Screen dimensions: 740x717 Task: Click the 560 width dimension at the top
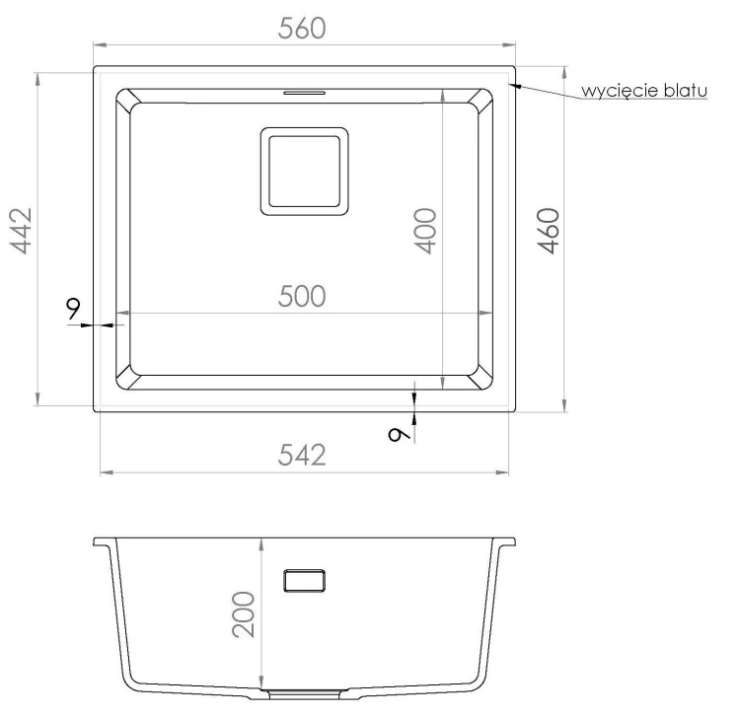(302, 29)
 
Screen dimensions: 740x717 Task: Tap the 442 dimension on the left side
(22, 231)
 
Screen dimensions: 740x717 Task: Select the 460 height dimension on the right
(549, 231)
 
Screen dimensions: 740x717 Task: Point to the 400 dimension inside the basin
(424, 231)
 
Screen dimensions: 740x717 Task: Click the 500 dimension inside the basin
(302, 296)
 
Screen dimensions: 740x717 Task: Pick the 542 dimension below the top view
(302, 456)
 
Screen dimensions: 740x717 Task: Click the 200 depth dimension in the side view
(244, 614)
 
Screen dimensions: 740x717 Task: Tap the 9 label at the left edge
(73, 309)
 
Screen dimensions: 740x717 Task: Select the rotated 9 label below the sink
(399, 435)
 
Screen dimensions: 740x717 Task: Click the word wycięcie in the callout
(621, 91)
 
